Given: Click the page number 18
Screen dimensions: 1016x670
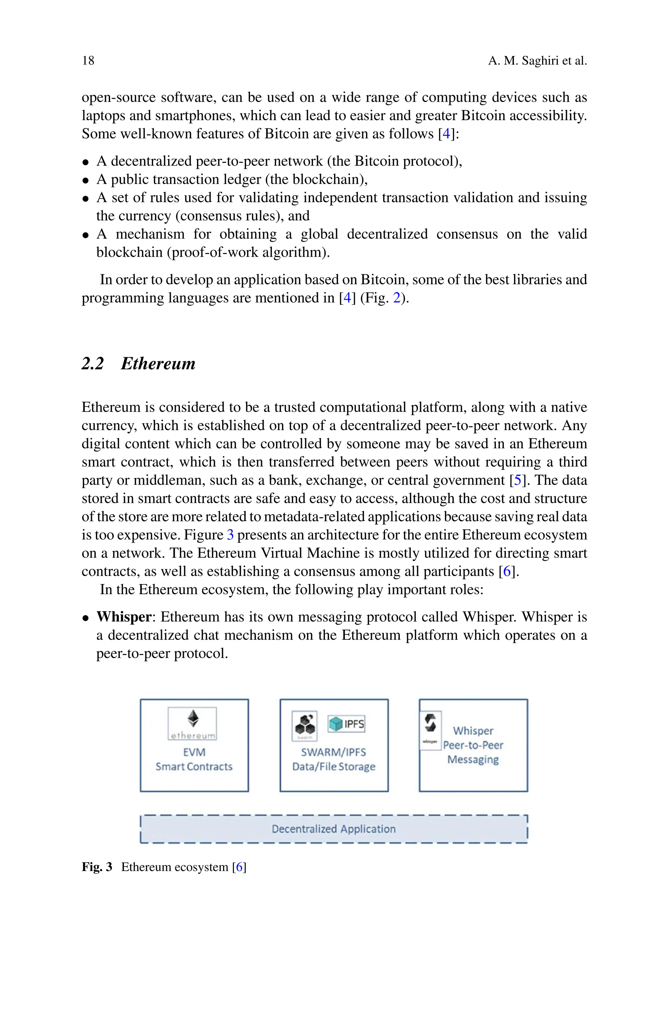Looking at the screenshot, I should [x=88, y=61].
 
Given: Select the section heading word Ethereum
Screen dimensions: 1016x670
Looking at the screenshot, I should [x=158, y=364].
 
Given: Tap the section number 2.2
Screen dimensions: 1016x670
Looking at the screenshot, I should [x=93, y=364].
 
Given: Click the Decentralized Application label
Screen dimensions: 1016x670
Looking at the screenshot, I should [x=334, y=829].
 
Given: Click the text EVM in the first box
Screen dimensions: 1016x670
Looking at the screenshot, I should [x=194, y=752].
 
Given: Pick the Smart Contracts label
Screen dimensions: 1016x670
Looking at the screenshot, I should [x=194, y=767].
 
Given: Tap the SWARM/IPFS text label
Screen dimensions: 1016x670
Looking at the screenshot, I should [x=334, y=752].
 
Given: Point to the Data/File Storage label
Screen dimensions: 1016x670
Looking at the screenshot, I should [x=334, y=767].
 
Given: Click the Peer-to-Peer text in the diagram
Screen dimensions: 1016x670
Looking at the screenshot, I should [x=473, y=745].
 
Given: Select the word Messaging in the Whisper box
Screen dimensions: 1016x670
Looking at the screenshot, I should [x=473, y=760].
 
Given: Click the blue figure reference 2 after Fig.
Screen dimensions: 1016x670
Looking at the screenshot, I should [x=397, y=298].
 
